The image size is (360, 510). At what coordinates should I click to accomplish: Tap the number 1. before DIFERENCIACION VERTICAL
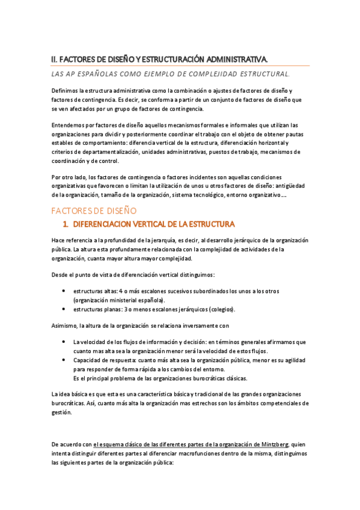coord(67,225)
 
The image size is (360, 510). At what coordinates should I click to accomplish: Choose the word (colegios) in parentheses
coord(222,309)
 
